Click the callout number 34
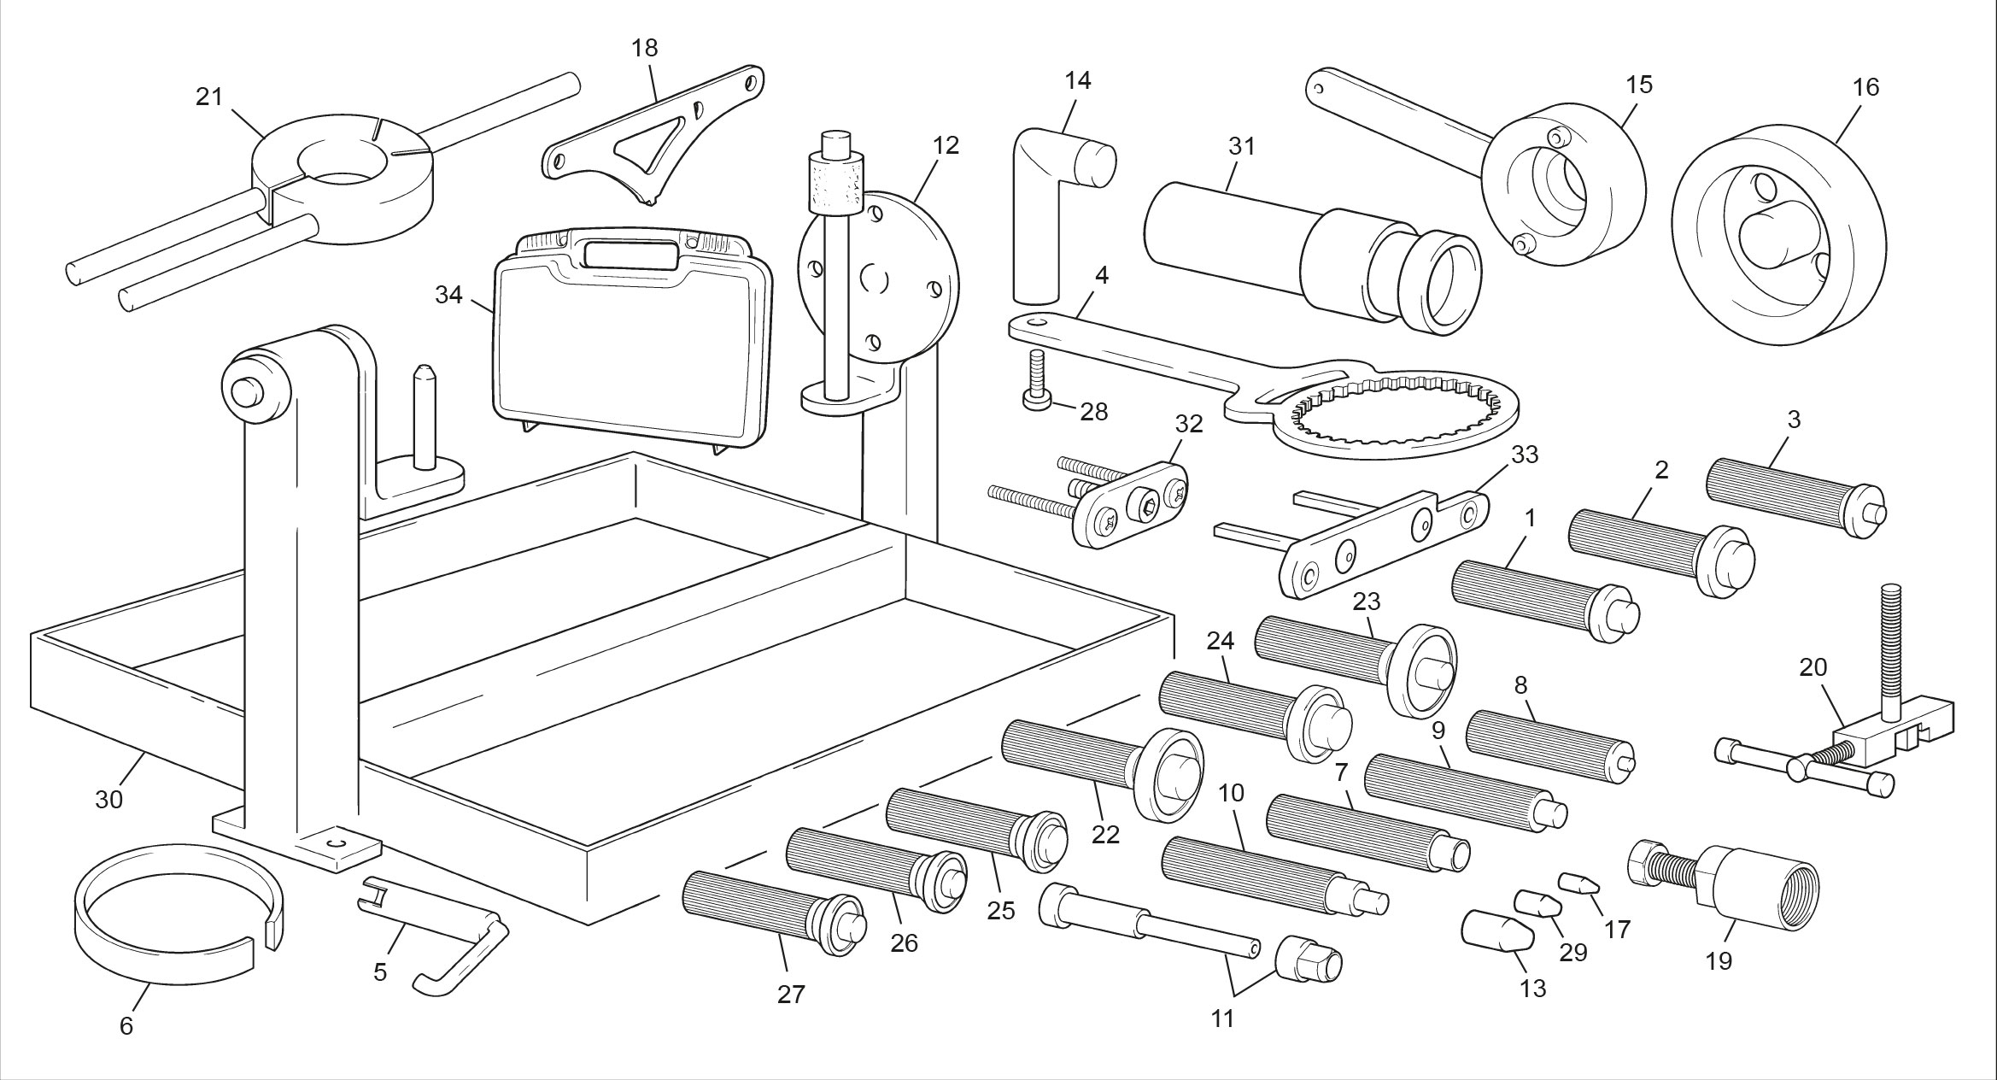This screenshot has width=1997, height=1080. coord(448,295)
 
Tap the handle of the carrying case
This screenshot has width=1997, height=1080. coord(631,254)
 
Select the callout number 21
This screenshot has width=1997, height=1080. coord(209,97)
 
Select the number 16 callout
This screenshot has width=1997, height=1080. coord(1866,87)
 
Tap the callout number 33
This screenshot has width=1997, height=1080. coord(1525,455)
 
